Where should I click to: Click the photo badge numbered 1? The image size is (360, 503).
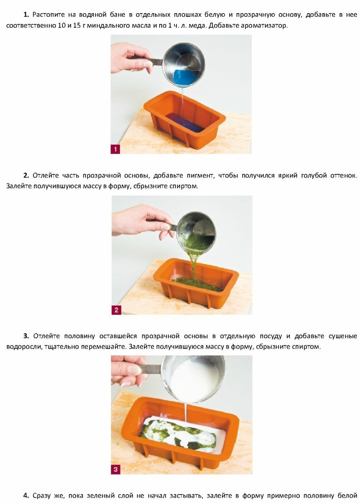[x=115, y=149]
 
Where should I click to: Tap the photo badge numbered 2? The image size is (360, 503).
[x=116, y=310]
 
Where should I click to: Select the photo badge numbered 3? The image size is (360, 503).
[x=115, y=469]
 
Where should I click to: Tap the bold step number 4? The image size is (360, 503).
[x=26, y=496]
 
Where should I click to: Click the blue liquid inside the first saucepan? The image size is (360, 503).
[x=187, y=77]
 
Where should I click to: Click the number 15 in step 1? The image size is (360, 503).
[x=77, y=25]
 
